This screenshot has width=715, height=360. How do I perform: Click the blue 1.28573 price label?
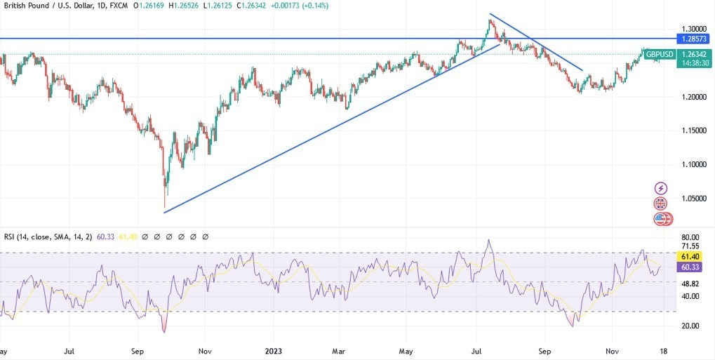[x=691, y=38]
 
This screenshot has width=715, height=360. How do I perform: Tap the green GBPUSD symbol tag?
[x=660, y=54]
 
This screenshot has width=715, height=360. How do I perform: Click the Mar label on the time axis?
[x=339, y=350]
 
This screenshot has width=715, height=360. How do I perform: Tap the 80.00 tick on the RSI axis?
[x=690, y=237]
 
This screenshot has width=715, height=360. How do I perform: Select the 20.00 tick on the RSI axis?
[x=690, y=326]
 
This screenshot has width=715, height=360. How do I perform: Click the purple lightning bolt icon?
[x=661, y=188]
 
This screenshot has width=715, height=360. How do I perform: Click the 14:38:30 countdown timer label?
[x=691, y=63]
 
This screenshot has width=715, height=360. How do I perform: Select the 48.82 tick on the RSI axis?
[x=690, y=284]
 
